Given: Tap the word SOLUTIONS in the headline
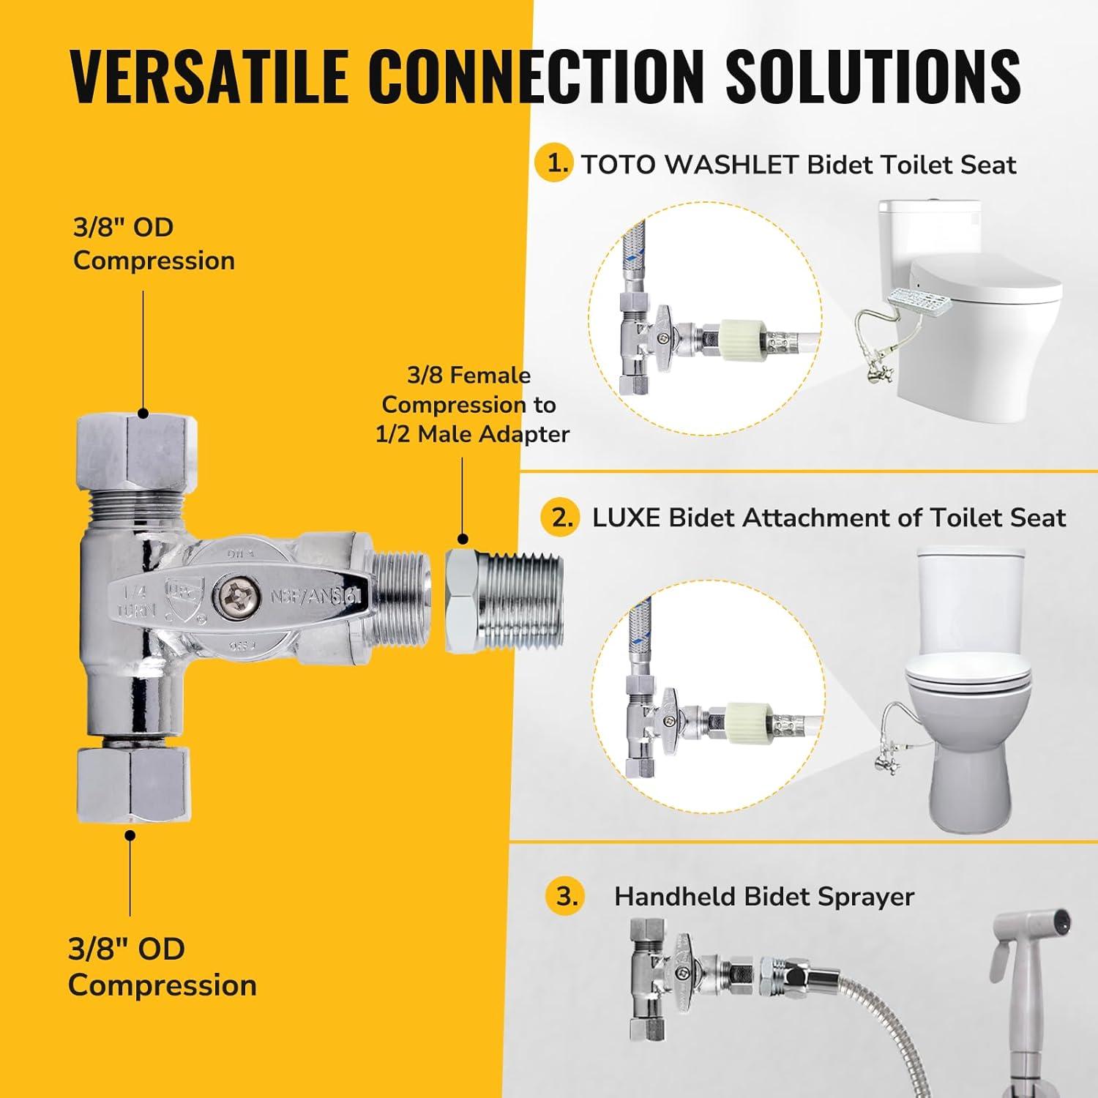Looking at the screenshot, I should tap(873, 76).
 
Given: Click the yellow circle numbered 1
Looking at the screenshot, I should tap(557, 163).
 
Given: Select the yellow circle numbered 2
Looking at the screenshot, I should tap(562, 518).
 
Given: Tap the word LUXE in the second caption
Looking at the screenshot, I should tap(627, 518).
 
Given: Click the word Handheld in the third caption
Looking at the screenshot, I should tap(674, 897).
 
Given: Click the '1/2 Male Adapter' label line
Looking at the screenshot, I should tap(472, 434).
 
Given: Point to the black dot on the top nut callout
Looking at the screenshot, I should tap(143, 414).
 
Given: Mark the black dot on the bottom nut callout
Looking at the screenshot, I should tap(130, 835).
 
